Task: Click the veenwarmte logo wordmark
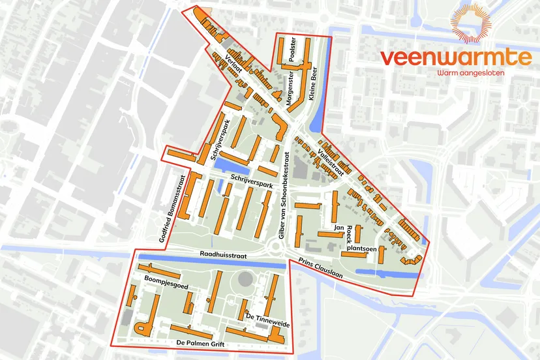tap(456, 57)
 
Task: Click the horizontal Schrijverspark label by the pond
tap(250, 185)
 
